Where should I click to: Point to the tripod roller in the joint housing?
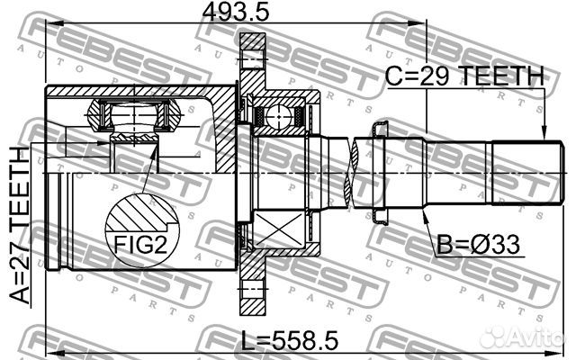click(132, 117)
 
